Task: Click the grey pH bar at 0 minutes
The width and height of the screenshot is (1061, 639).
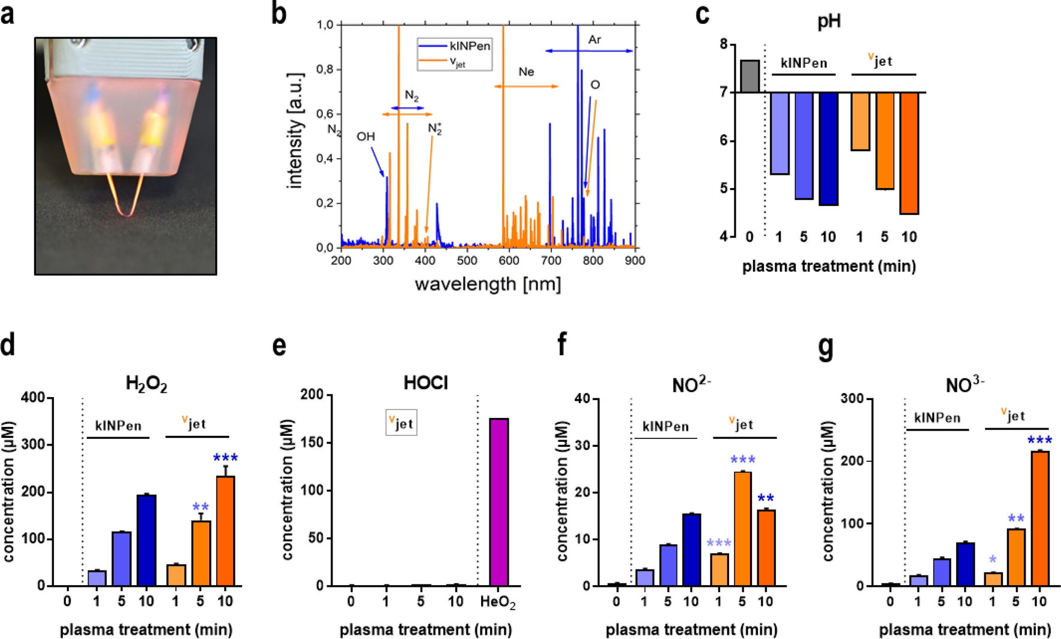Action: (x=749, y=76)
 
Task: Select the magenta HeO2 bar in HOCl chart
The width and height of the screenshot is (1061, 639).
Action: (x=499, y=502)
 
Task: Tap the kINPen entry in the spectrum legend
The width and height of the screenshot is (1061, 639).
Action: (x=469, y=46)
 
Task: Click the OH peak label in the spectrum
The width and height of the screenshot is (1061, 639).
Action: (x=365, y=137)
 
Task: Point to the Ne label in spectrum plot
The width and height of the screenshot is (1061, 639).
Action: (x=526, y=72)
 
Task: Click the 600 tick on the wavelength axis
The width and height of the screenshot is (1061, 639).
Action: (x=509, y=261)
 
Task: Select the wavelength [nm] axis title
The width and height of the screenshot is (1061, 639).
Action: (x=488, y=284)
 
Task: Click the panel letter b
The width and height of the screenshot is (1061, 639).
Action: (x=279, y=13)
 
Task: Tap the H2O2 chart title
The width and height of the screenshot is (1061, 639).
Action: (x=146, y=383)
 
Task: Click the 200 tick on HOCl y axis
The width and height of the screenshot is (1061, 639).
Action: (x=312, y=394)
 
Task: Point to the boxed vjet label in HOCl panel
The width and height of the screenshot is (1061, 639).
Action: (x=401, y=423)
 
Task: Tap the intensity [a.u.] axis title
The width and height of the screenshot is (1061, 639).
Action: (x=295, y=131)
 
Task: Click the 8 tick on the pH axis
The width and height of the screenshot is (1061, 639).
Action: (x=724, y=44)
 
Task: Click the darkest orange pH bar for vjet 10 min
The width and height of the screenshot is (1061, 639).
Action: (x=909, y=153)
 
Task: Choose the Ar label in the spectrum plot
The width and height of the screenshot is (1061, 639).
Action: (x=594, y=40)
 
